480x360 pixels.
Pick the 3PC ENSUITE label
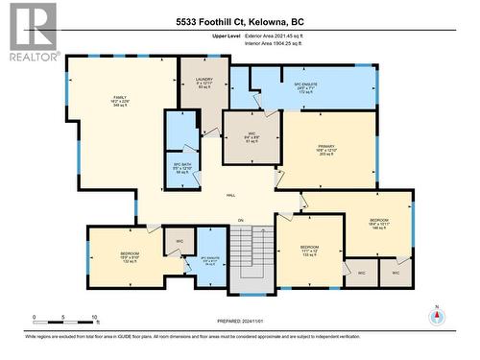(211, 259)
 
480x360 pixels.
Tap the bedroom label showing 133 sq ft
(309, 250)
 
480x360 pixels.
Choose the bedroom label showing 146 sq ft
(379, 225)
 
